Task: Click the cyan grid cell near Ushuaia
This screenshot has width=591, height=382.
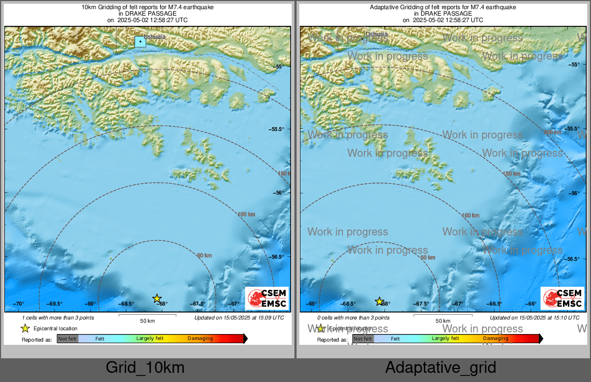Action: [x=140, y=41]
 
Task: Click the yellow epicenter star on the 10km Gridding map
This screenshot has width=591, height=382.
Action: [x=157, y=298]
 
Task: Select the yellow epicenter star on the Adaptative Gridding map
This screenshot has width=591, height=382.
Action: [x=379, y=301]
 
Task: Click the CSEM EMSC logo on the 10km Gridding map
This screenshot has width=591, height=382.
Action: [x=266, y=298]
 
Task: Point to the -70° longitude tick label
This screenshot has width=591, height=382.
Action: [x=19, y=304]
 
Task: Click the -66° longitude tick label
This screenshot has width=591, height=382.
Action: [x=531, y=304]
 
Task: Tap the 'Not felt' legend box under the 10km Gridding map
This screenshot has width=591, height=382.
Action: [x=67, y=339]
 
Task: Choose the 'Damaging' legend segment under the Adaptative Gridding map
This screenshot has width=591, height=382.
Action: [x=495, y=338]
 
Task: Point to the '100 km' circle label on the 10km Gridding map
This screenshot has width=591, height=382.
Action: [x=246, y=214]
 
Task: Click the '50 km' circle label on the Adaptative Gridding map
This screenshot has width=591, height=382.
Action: [x=428, y=258]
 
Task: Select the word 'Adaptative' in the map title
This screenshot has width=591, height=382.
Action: [x=383, y=8]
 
